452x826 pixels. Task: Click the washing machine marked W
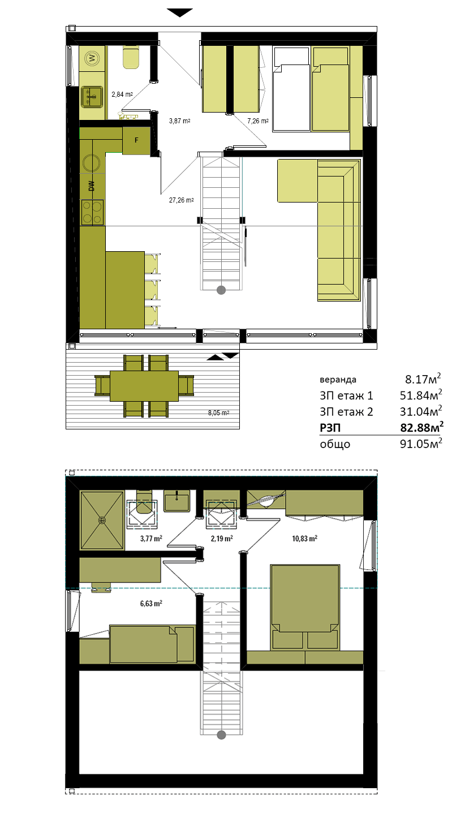pyautogui.click(x=92, y=58)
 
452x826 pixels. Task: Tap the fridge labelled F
pyautogui.click(x=136, y=140)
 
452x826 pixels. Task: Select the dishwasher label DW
pyautogui.click(x=92, y=186)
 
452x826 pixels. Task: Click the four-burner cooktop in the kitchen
pyautogui.click(x=93, y=212)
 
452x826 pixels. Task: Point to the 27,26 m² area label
pyautogui.click(x=182, y=200)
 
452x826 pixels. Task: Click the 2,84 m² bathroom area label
pyautogui.click(x=122, y=94)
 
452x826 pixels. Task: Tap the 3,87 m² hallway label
pyautogui.click(x=179, y=121)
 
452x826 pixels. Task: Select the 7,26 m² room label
pyautogui.click(x=258, y=121)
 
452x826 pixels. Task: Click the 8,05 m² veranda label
pyautogui.click(x=218, y=413)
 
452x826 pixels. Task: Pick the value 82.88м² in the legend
pyautogui.click(x=422, y=427)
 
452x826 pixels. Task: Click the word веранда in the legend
pyautogui.click(x=338, y=380)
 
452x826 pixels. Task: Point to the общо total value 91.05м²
pyautogui.click(x=421, y=443)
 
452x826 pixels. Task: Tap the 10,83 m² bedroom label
pyautogui.click(x=304, y=539)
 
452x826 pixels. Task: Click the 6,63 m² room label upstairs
pyautogui.click(x=151, y=604)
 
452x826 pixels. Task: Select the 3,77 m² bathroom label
pyautogui.click(x=151, y=539)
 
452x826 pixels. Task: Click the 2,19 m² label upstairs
pyautogui.click(x=222, y=539)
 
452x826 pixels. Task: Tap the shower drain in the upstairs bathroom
pyautogui.click(x=102, y=520)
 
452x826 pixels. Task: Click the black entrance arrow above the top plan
pyautogui.click(x=179, y=12)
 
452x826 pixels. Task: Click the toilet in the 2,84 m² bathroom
pyautogui.click(x=131, y=58)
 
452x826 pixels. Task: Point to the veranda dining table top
pyautogui.click(x=144, y=386)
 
